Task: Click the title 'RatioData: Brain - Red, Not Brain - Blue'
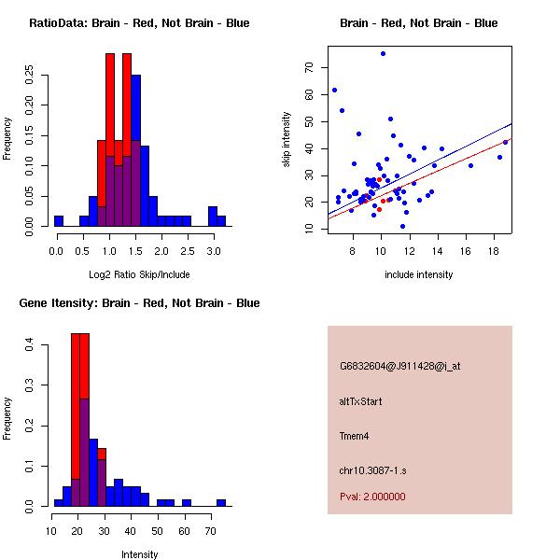(x=139, y=23)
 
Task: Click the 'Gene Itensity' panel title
(x=139, y=303)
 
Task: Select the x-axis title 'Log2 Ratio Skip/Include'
(x=139, y=273)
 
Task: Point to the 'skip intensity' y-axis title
(x=287, y=140)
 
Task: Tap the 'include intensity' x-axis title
(x=419, y=274)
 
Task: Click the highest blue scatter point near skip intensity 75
(x=383, y=54)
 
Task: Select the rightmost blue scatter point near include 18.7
(x=506, y=142)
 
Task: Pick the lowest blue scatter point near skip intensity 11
(x=402, y=226)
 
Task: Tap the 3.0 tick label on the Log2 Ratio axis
(x=214, y=251)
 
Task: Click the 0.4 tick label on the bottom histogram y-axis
(x=30, y=345)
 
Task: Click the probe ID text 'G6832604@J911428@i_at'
(x=399, y=366)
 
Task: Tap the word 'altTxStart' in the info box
(x=360, y=401)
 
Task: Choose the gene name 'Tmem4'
(x=355, y=435)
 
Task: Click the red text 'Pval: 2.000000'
(x=372, y=497)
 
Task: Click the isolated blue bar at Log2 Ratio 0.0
(x=58, y=221)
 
